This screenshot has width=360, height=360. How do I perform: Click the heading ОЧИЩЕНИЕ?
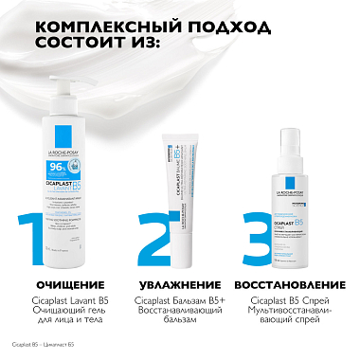pos(63,283)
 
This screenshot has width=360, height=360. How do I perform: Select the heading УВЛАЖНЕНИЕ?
pos(184,283)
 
